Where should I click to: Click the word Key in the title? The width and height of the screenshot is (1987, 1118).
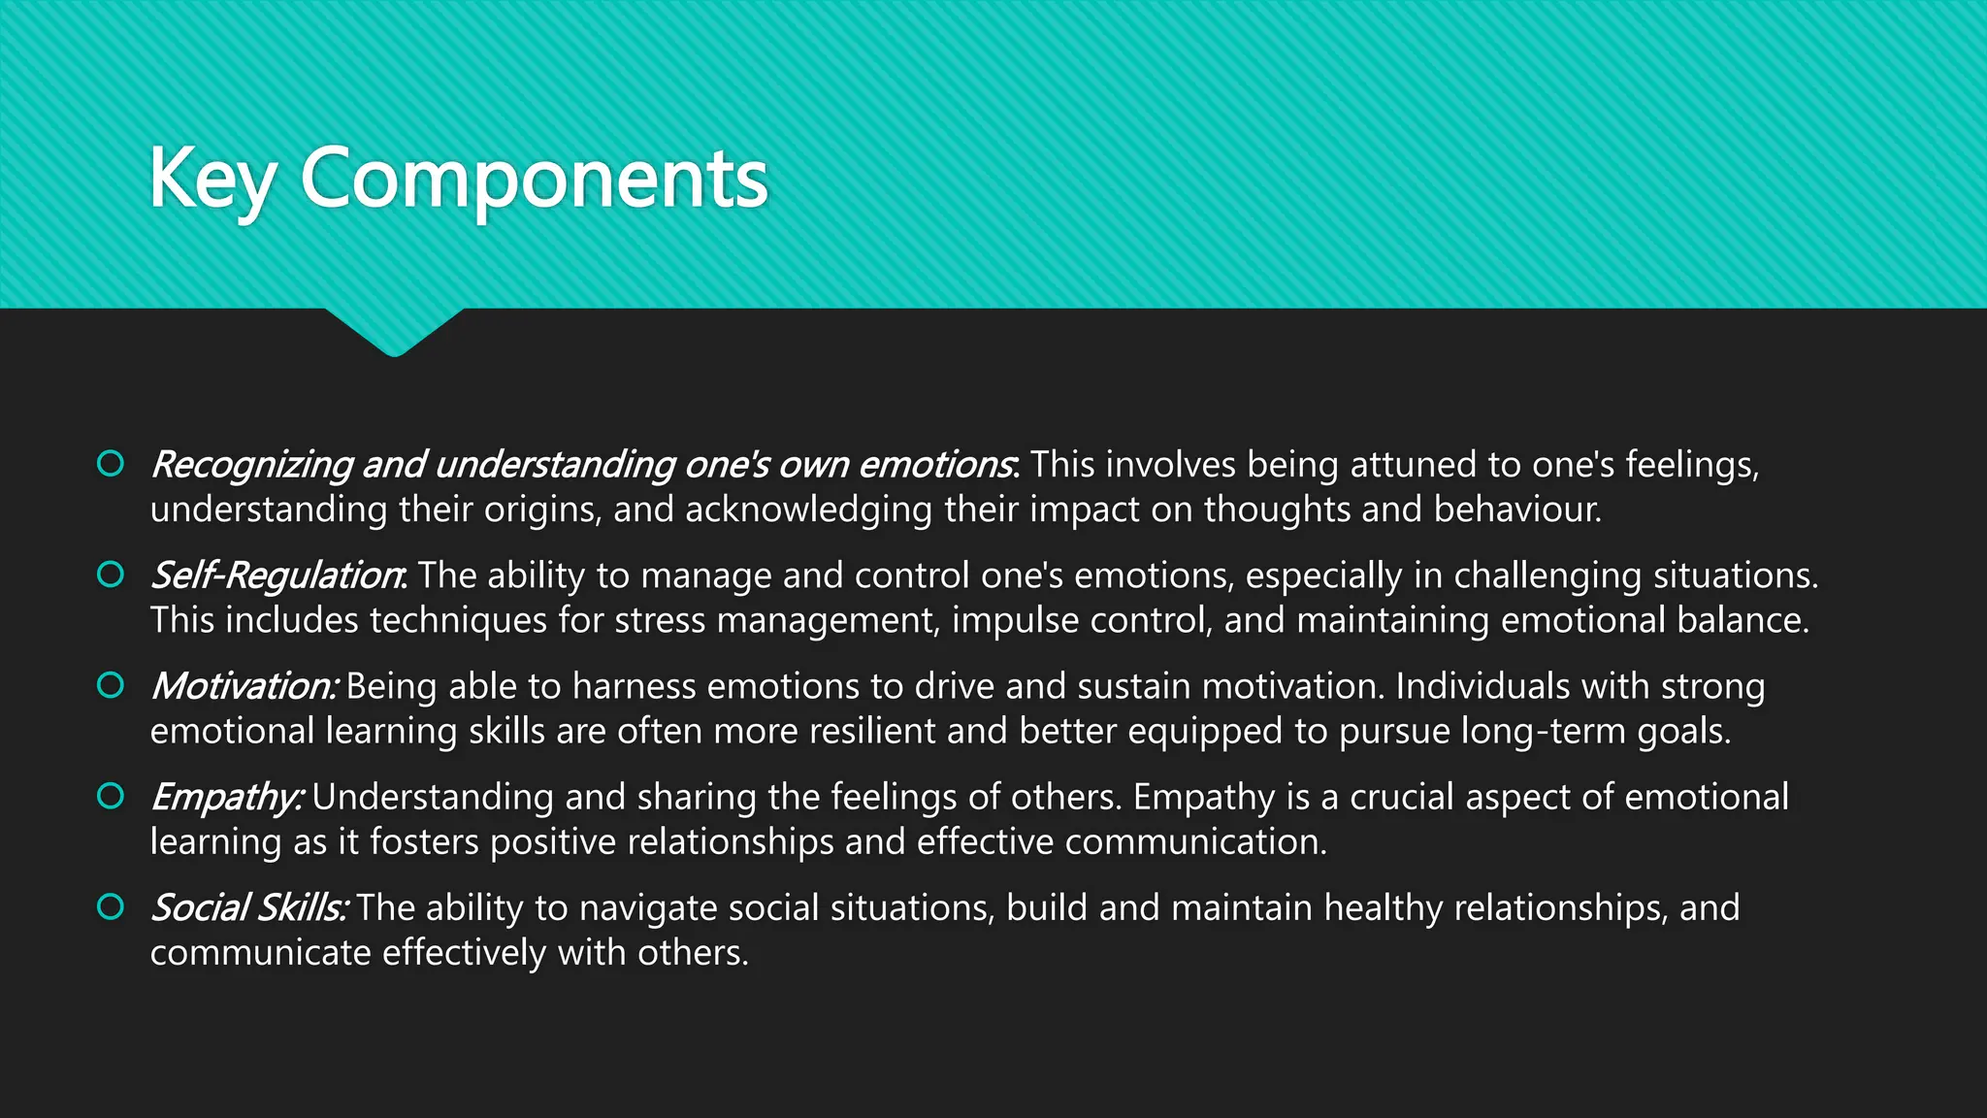[212, 180]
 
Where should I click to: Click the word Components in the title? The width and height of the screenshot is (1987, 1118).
[535, 180]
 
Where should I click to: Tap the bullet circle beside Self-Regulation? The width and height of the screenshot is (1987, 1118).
[111, 575]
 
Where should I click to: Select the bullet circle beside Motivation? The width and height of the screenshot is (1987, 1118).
[111, 685]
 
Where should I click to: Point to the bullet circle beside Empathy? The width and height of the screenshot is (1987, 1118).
[111, 796]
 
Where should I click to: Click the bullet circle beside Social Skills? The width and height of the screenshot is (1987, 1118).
[111, 906]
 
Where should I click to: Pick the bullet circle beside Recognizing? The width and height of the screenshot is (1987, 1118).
[111, 464]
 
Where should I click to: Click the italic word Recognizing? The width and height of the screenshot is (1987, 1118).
[251, 465]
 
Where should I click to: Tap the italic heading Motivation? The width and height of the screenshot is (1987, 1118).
[244, 686]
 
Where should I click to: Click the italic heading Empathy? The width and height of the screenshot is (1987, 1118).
[227, 797]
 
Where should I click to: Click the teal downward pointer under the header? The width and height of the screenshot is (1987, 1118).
[394, 330]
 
